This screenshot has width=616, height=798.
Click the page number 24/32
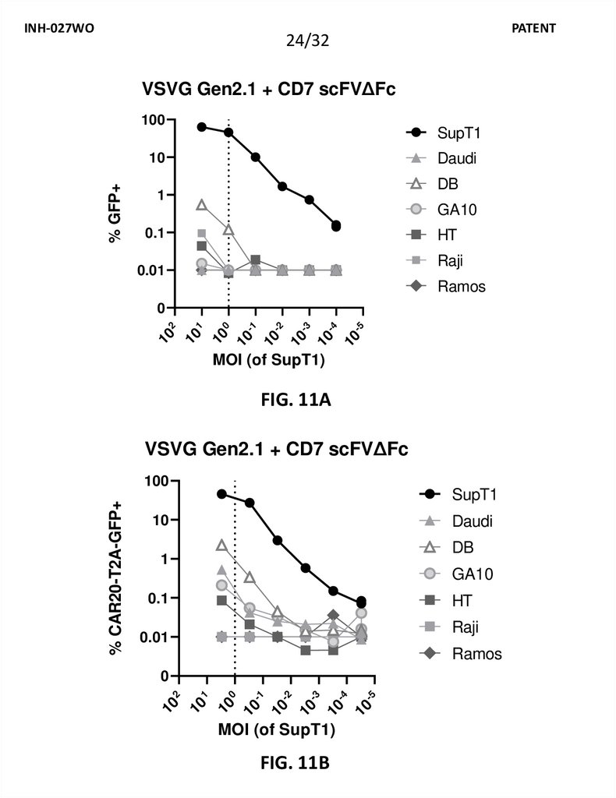307,41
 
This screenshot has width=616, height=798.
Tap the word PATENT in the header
534,28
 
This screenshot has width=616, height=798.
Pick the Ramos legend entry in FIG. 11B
476,654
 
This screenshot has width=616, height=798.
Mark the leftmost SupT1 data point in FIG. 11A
202,127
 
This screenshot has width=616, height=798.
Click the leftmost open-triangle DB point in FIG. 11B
221,546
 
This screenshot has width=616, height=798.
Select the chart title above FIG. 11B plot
275,450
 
